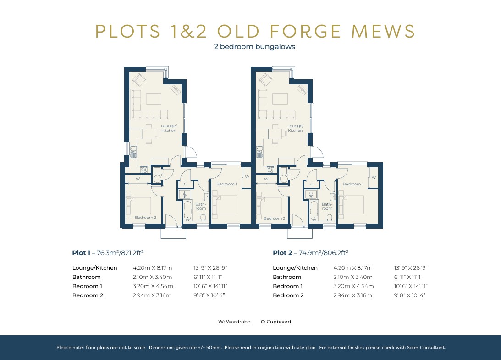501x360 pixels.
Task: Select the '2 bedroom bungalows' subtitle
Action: point(254,47)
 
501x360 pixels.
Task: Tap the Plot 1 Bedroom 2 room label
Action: point(146,218)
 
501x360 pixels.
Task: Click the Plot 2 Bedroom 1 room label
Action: point(352,184)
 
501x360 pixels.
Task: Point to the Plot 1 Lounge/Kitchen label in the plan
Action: point(168,128)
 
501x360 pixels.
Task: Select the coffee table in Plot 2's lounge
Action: point(280,100)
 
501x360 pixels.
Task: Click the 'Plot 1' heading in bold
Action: point(81,252)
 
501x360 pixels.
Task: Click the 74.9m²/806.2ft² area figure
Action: point(321,252)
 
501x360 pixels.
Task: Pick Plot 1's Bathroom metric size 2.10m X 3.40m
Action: point(152,277)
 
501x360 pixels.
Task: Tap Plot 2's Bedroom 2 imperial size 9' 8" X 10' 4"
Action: point(410,295)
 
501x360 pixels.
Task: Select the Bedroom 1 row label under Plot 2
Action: point(288,286)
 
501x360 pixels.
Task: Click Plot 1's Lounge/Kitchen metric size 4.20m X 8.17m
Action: point(152,268)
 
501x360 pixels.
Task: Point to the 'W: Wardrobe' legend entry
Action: point(234,322)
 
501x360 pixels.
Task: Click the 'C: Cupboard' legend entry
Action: point(275,322)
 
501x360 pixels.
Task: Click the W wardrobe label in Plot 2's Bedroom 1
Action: point(374,177)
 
